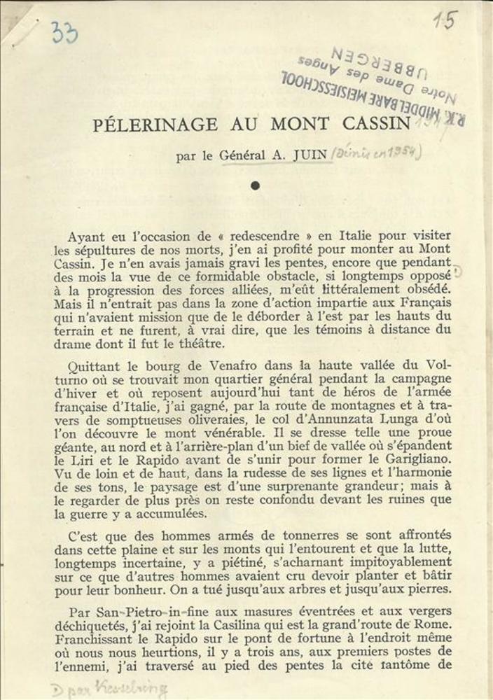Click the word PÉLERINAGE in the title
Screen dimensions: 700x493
pos(155,125)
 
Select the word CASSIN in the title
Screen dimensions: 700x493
pos(376,124)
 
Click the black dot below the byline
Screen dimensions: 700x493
pos(255,185)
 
